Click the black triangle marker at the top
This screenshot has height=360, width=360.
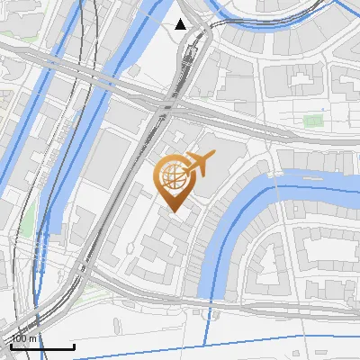(x=181, y=24)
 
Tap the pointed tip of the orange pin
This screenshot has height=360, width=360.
(x=173, y=210)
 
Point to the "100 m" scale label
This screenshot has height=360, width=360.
(x=25, y=338)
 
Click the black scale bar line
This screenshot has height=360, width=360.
(x=42, y=346)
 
